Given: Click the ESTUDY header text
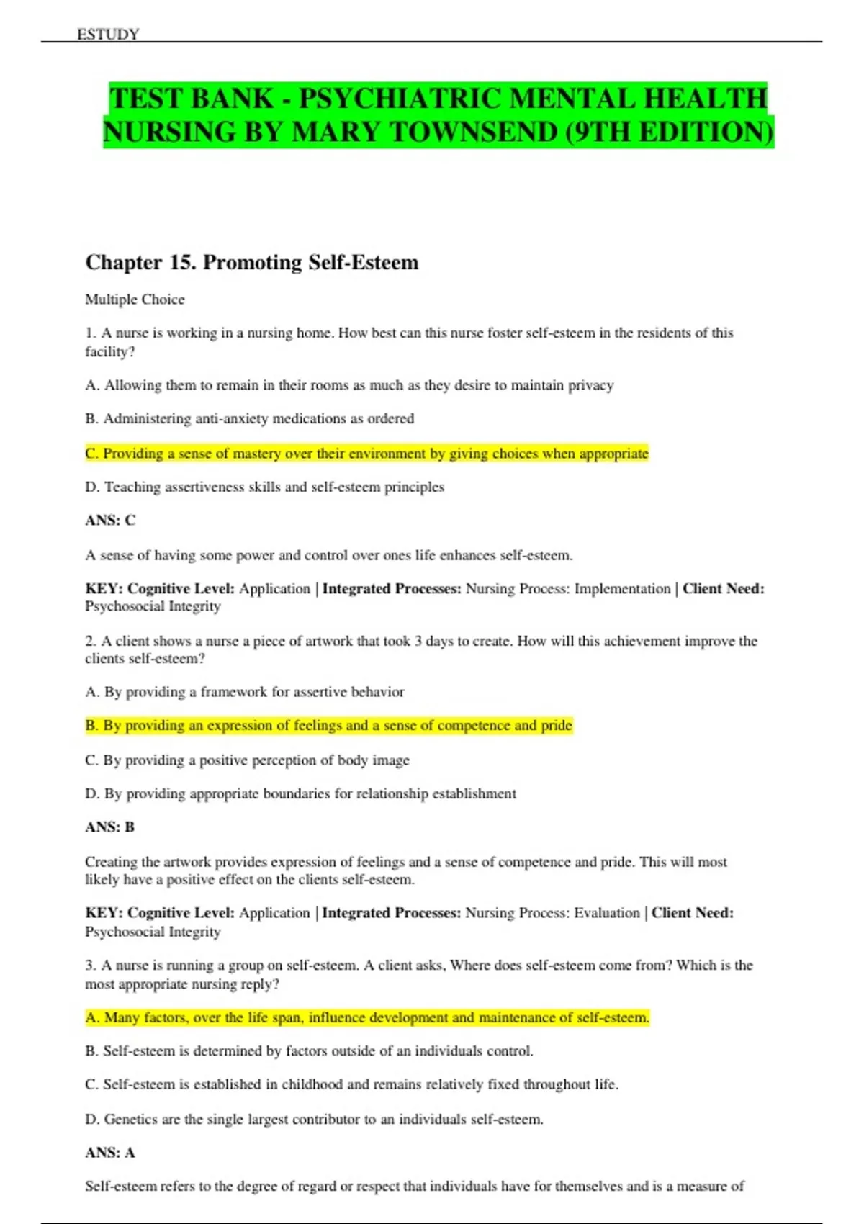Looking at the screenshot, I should [x=108, y=34].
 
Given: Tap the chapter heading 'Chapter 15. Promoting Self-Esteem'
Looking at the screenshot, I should [x=251, y=262].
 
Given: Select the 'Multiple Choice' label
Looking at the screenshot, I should [x=135, y=300].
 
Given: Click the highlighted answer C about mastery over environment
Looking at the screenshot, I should [x=366, y=454].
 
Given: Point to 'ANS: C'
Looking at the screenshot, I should [x=110, y=520].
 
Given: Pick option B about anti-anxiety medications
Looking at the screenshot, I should [x=249, y=419].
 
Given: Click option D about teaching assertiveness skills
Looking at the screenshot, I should [x=264, y=487].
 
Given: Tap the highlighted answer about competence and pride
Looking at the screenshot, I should [x=328, y=726].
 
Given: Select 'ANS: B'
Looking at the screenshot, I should [x=109, y=827].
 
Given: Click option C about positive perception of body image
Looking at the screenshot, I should [x=247, y=760].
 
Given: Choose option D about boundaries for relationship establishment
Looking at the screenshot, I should [x=300, y=794].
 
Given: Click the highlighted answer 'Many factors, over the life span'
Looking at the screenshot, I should [x=366, y=1018].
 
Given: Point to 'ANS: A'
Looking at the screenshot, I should [x=109, y=1153].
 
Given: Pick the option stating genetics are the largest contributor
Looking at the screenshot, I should [x=314, y=1120].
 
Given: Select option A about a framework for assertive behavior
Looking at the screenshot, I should [x=245, y=692].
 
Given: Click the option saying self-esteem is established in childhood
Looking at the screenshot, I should [x=351, y=1085].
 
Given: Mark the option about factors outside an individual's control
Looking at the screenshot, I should [x=309, y=1051].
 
